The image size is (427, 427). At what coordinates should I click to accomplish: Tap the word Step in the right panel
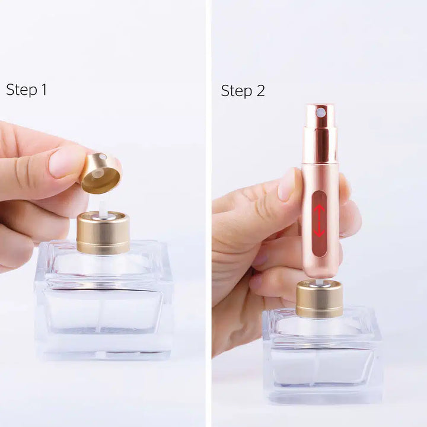[235, 91]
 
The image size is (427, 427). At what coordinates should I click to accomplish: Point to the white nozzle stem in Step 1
[102, 205]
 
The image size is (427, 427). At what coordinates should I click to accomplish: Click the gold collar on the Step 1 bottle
[103, 232]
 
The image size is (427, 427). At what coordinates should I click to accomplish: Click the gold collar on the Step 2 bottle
[319, 299]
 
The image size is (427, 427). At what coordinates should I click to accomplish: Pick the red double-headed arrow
[319, 221]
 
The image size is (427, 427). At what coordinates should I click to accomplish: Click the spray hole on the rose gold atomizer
[320, 112]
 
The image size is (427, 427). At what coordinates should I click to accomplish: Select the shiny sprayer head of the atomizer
[320, 133]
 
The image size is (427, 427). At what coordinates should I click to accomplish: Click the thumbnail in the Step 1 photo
[66, 161]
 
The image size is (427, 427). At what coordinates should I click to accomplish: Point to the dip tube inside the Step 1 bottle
[103, 308]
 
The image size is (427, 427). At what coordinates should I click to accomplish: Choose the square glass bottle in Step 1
[104, 302]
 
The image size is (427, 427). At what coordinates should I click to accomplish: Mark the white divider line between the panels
[209, 213]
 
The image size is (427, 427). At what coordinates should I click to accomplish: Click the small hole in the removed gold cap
[103, 157]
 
